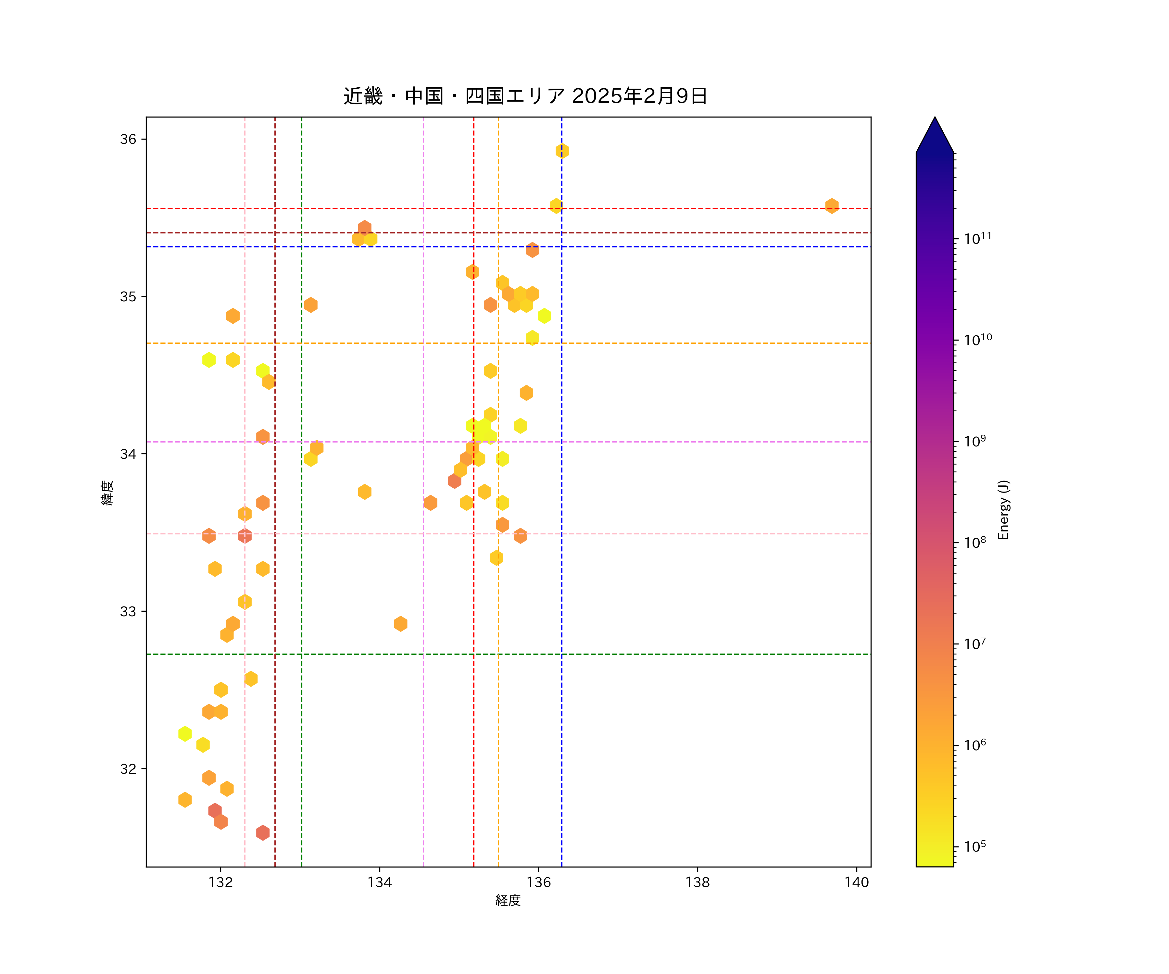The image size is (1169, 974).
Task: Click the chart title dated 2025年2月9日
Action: click(525, 96)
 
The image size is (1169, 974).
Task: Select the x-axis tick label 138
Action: click(698, 882)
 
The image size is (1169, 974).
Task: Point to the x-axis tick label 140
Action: click(856, 882)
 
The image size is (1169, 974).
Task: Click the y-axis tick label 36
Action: click(128, 139)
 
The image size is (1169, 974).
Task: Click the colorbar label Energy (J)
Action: click(1003, 510)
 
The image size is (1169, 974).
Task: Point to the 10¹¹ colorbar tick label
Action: click(977, 239)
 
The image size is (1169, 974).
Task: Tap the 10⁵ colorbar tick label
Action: click(975, 846)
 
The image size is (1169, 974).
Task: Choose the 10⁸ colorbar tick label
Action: click(975, 543)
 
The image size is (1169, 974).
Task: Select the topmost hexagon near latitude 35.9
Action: click(562, 151)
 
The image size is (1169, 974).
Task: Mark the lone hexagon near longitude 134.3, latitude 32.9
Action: click(400, 624)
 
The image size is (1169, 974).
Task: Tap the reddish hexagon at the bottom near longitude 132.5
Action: click(263, 833)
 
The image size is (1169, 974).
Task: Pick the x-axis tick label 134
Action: click(380, 882)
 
